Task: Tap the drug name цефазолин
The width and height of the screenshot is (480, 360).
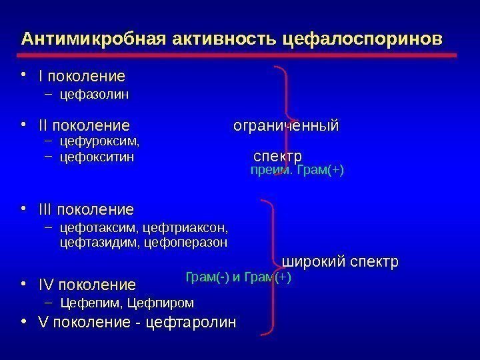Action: click(x=94, y=94)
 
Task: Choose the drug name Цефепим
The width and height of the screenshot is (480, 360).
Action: click(x=86, y=303)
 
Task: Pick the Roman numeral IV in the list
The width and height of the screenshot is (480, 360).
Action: click(x=47, y=285)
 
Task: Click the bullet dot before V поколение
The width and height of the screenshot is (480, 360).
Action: click(x=24, y=322)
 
